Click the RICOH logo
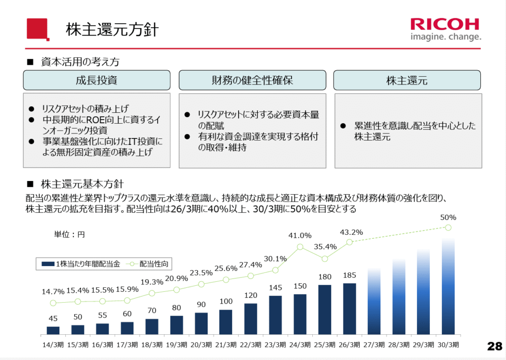pyautogui.click(x=446, y=29)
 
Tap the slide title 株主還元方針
pyautogui.click(x=112, y=30)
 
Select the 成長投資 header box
pyautogui.click(x=96, y=80)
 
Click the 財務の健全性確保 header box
pyautogui.click(x=253, y=80)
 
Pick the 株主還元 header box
pyautogui.click(x=407, y=80)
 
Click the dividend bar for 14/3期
pyautogui.click(x=53, y=330)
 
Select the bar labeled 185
pyautogui.click(x=349, y=309)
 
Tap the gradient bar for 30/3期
pyautogui.click(x=448, y=286)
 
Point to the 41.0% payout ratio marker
pyautogui.click(x=300, y=247)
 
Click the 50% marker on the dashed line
pyautogui.click(x=448, y=227)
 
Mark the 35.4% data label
pyautogui.click(x=325, y=247)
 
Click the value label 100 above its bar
pyautogui.click(x=226, y=301)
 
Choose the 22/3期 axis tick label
pyautogui.click(x=251, y=345)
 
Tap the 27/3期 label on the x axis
pyautogui.click(x=374, y=345)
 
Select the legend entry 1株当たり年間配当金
pyautogui.click(x=81, y=264)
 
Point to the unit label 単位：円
pyautogui.click(x=69, y=234)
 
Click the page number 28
pyautogui.click(x=495, y=346)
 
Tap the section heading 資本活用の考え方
pyautogui.click(x=80, y=62)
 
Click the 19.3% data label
pyautogui.click(x=152, y=282)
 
